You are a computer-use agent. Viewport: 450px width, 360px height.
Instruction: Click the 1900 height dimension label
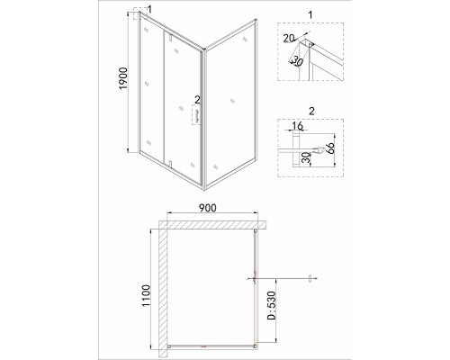[x=123, y=78]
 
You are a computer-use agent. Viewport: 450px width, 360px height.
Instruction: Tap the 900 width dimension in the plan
[x=207, y=208]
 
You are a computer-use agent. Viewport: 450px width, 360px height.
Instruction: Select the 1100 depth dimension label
[x=146, y=295]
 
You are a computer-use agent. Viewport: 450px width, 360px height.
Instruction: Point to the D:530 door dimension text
[x=271, y=305]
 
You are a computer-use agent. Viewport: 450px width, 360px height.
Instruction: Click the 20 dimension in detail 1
[x=289, y=38]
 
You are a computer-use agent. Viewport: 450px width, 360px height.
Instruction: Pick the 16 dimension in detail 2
[x=297, y=126]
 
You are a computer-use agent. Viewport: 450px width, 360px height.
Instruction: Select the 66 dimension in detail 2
[x=330, y=148]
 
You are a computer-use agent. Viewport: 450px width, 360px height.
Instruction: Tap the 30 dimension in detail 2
[x=305, y=157]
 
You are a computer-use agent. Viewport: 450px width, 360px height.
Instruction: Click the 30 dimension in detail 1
[x=297, y=61]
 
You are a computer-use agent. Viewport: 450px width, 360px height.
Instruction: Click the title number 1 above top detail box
[x=310, y=14]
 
